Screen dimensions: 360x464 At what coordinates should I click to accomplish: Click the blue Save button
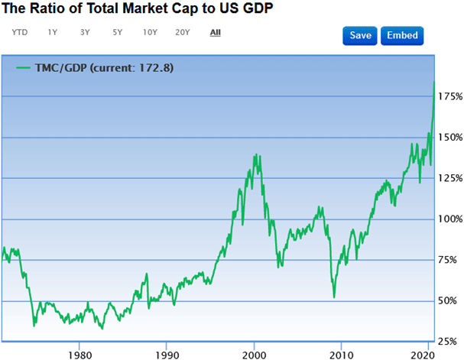pos(361,36)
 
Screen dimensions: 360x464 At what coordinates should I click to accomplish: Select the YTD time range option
pos(20,33)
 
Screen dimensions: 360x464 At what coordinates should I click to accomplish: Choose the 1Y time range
pos(52,33)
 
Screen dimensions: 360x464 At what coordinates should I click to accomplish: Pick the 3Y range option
pos(84,33)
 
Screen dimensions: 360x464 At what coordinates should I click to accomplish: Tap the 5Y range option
pos(117,33)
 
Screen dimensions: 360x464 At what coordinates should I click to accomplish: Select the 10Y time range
pos(150,33)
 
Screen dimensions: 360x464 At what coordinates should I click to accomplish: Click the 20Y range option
pos(182,33)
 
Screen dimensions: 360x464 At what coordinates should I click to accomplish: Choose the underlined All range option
pos(216,33)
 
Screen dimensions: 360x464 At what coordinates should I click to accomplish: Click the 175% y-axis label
pos(448,97)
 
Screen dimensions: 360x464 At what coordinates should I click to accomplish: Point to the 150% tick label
pos(448,138)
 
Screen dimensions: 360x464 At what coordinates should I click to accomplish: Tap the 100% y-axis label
pos(448,219)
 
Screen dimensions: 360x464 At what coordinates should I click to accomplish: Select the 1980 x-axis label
pos(79,355)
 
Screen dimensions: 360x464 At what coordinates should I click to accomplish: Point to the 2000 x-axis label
pos(255,355)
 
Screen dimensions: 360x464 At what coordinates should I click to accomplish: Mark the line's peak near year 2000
pos(255,155)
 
